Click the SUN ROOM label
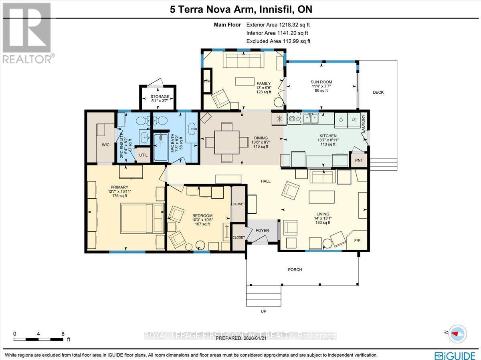coord(321,82)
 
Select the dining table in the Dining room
coord(226,142)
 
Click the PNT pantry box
coord(359,160)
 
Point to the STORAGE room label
coord(160,97)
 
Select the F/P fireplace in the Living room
coord(357,240)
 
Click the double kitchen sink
coord(311,118)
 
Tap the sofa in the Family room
coord(243,61)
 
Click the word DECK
coord(378,93)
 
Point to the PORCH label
coord(295,269)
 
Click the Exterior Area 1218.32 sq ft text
coord(278,25)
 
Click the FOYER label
coord(262,231)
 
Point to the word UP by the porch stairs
coord(263,311)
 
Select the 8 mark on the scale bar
coord(63,333)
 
